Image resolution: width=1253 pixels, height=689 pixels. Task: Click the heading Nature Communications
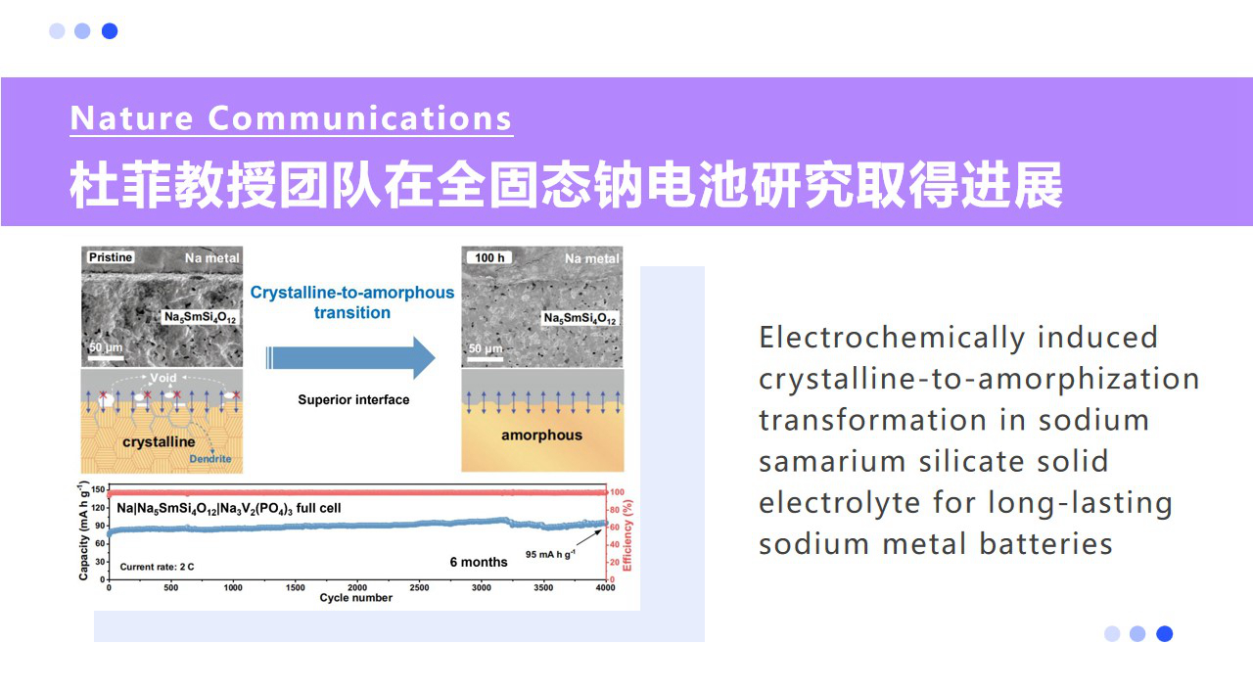tap(292, 118)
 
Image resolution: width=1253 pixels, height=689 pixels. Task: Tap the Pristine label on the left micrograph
tap(110, 257)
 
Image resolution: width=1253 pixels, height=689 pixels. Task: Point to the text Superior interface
tap(353, 399)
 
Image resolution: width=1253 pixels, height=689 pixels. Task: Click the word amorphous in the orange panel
tap(541, 435)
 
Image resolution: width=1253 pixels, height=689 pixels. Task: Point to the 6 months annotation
tap(479, 562)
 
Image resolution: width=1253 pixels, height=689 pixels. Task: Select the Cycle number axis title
tap(355, 598)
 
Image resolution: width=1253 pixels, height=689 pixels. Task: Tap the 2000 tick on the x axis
tap(356, 587)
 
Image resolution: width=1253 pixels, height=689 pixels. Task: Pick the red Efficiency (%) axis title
tap(628, 535)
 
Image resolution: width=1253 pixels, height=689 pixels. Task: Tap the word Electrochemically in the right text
tap(892, 338)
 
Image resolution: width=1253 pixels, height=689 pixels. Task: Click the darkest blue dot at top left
tap(110, 30)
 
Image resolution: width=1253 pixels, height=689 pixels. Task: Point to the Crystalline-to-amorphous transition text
tap(352, 302)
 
